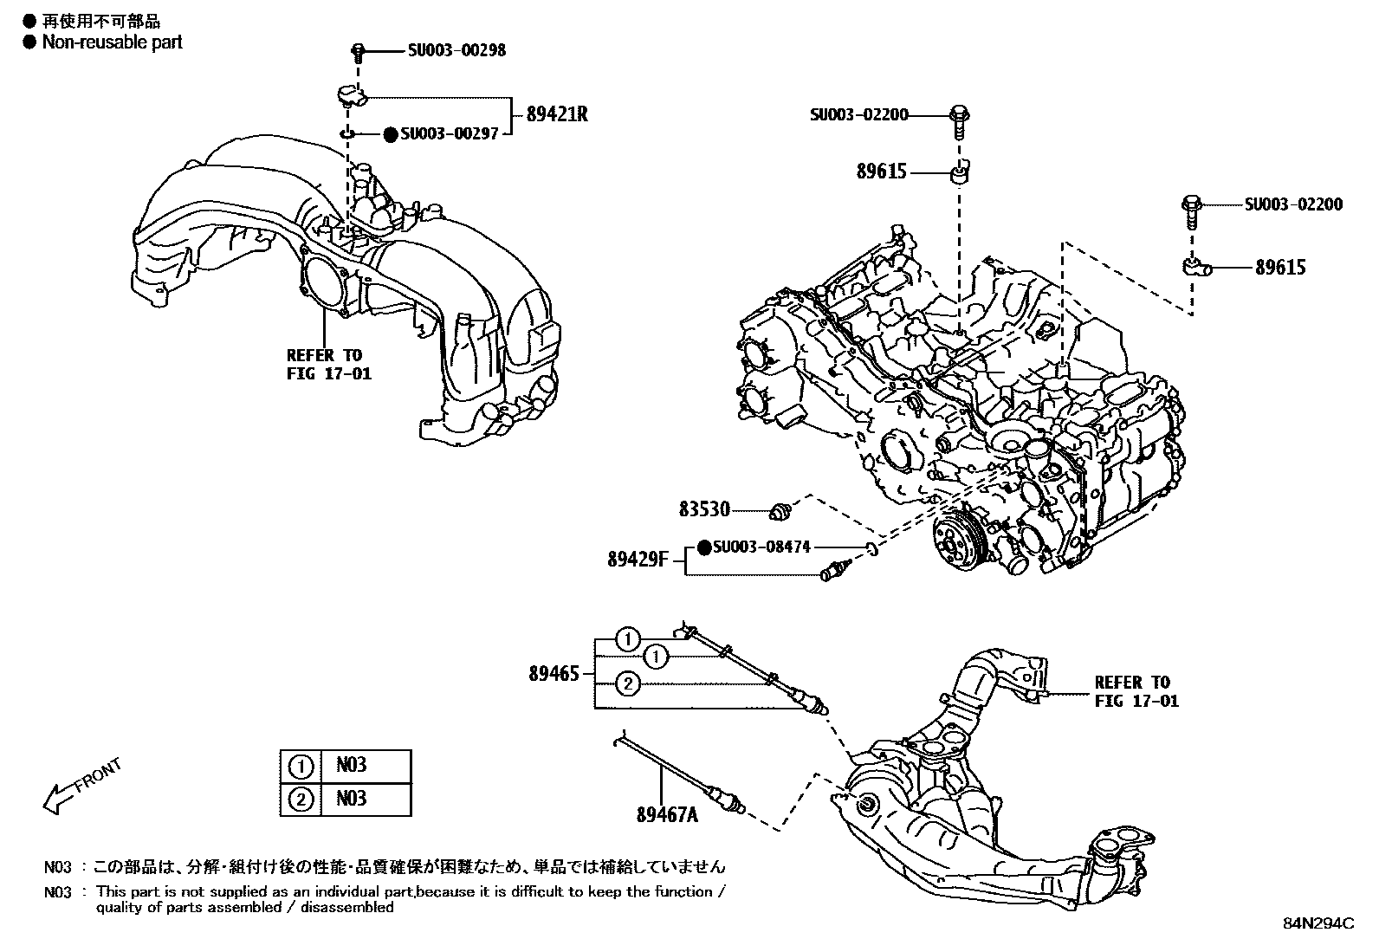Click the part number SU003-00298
[x=456, y=50]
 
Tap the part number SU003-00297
[x=449, y=134]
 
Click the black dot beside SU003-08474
[x=704, y=547]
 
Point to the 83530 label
[x=704, y=510]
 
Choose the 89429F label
[x=638, y=560]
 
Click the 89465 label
[x=554, y=673]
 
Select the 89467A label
[x=667, y=813]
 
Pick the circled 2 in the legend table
[x=300, y=798]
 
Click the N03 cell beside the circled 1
[x=352, y=765]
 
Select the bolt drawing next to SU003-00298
[x=357, y=52]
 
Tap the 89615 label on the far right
[x=1280, y=268]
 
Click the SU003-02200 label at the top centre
[x=859, y=114]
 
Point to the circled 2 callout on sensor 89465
[x=628, y=684]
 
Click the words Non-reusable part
[x=112, y=42]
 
